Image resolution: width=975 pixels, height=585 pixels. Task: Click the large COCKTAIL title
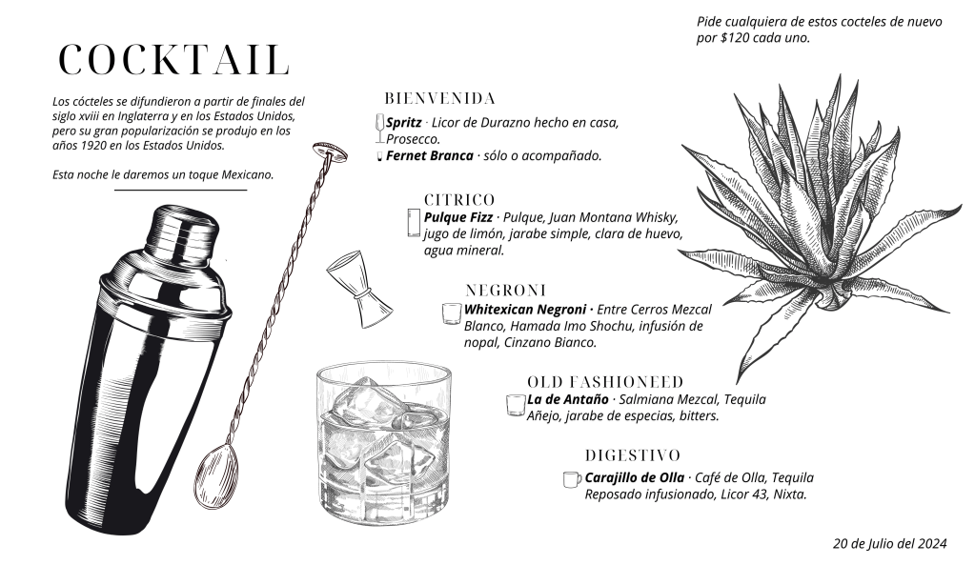pyautogui.click(x=174, y=60)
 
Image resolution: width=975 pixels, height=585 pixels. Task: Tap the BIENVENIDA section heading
pyautogui.click(x=439, y=99)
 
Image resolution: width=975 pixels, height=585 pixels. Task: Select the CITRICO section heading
pyautogui.click(x=459, y=200)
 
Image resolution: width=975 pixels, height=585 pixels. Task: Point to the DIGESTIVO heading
pyautogui.click(x=633, y=455)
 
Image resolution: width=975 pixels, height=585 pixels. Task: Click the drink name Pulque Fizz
pyautogui.click(x=458, y=217)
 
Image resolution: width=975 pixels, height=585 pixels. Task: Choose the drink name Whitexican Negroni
pyautogui.click(x=525, y=310)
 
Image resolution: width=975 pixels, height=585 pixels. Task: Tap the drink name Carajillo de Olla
pyautogui.click(x=634, y=478)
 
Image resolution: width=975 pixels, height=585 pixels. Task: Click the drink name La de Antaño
pyautogui.click(x=568, y=399)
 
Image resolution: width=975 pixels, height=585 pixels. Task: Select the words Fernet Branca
pyautogui.click(x=430, y=156)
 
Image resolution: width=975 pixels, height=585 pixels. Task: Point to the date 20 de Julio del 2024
pyautogui.click(x=890, y=543)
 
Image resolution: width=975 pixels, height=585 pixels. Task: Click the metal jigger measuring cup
pyautogui.click(x=358, y=288)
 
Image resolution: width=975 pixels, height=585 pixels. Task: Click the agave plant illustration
pyautogui.click(x=821, y=227)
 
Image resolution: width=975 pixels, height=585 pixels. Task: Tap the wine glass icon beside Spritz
pyautogui.click(x=379, y=128)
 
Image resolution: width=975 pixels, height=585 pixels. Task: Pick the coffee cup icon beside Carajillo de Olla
pyautogui.click(x=572, y=479)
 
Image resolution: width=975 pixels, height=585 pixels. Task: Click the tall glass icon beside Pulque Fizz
pyautogui.click(x=414, y=223)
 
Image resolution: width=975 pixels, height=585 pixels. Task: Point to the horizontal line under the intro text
pyautogui.click(x=180, y=190)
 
